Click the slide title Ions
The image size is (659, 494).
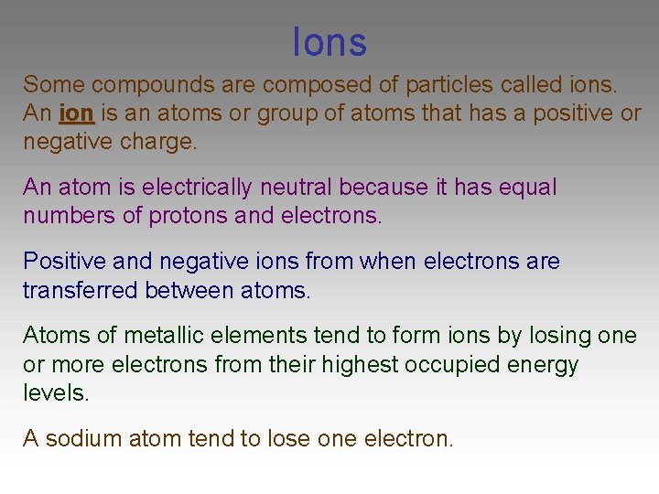coord(329,42)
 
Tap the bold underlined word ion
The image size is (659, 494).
coord(77,114)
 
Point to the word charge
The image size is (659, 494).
coord(164,144)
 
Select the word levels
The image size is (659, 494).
coord(56,394)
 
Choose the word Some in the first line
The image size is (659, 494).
coord(54,85)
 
